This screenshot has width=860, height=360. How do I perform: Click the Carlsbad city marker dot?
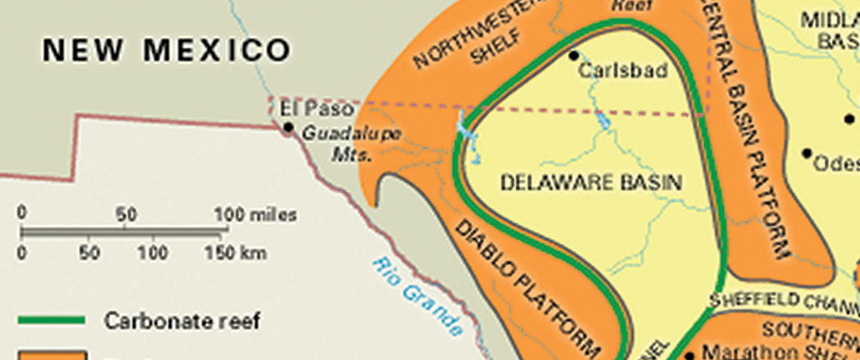(x=573, y=56)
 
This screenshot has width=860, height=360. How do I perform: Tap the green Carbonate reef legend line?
(x=51, y=320)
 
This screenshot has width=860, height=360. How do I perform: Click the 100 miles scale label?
(x=255, y=215)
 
